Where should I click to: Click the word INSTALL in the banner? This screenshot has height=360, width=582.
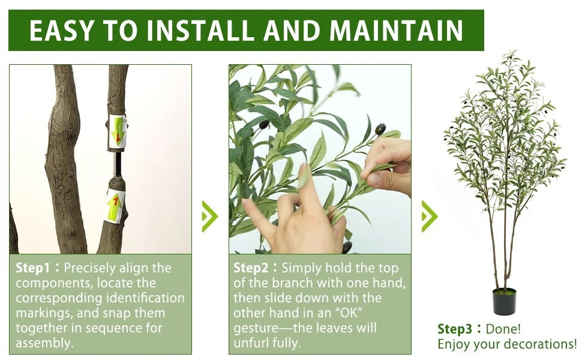click(x=201, y=31)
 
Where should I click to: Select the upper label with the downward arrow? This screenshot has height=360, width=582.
click(x=117, y=131)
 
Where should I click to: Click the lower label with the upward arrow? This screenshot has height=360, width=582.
click(x=115, y=205)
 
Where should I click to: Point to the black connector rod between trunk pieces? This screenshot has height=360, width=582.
click(x=118, y=164)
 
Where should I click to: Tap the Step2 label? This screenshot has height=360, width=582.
click(x=251, y=268)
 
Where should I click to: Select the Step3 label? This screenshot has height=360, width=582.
click(x=455, y=329)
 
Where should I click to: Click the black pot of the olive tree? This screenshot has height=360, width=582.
click(x=504, y=302)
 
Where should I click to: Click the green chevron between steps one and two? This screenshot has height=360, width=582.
click(x=210, y=217)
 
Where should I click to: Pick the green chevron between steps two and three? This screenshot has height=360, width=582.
click(x=430, y=217)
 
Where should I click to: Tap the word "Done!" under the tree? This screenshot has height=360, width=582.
click(x=503, y=328)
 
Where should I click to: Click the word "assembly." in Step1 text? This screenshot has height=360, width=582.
click(x=44, y=343)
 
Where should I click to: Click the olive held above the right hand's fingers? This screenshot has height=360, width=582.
click(x=380, y=129)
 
